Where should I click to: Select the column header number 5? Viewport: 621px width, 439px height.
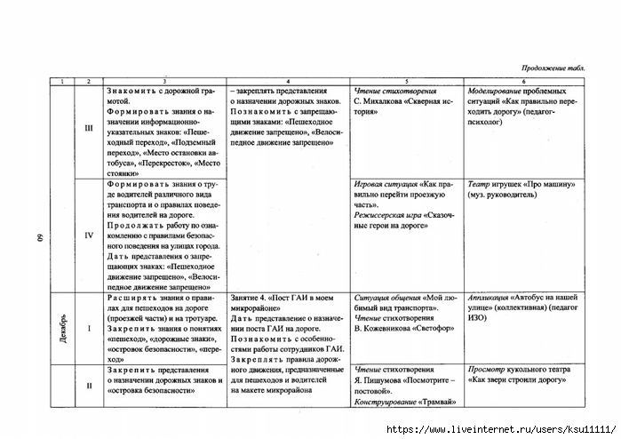click(406, 82)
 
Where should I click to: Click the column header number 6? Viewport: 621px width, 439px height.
click(523, 82)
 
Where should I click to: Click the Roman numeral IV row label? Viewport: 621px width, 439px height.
click(88, 236)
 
